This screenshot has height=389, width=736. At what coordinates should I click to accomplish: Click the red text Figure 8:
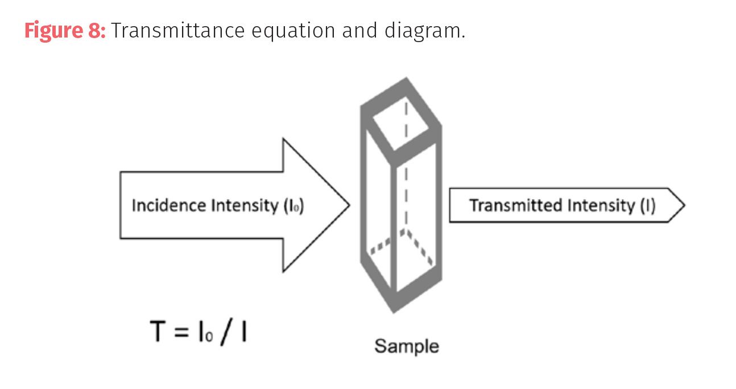pos(65,30)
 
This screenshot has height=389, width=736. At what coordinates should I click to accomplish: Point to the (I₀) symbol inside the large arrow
pos(293,206)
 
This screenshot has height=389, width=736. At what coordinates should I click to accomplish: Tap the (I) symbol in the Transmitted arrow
pos(648,205)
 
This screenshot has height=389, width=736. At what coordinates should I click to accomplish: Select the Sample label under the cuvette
pos(407,346)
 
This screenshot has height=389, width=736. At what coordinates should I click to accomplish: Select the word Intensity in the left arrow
pos(244,205)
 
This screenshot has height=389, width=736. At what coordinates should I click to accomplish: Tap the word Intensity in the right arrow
pos(601,205)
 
